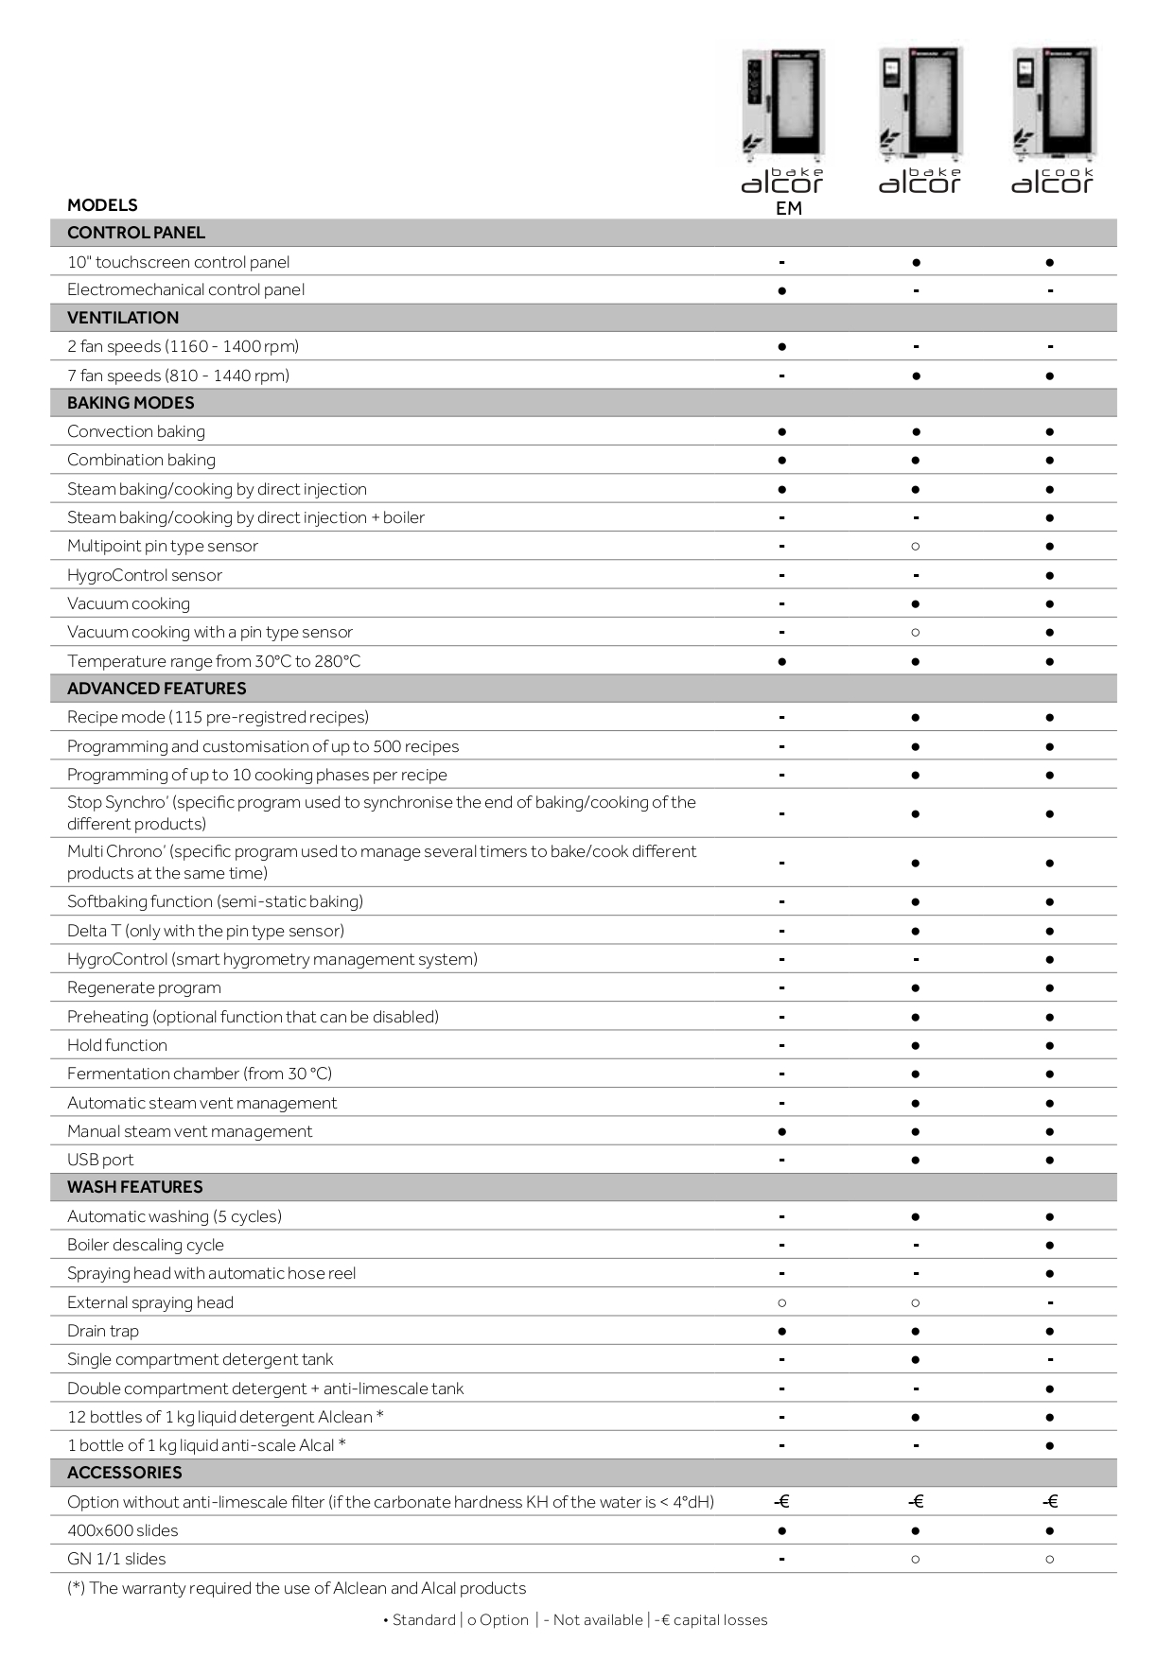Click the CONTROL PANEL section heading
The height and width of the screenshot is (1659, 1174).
coord(136,233)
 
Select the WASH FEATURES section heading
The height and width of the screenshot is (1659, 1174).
coord(135,1187)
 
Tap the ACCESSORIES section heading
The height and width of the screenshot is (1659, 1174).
coord(125,1473)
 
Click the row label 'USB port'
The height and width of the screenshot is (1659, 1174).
coord(100,1160)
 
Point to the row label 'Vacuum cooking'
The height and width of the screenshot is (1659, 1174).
coord(129,603)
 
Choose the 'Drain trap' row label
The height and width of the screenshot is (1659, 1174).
coord(103,1331)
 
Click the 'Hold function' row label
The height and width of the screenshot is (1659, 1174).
coord(117,1045)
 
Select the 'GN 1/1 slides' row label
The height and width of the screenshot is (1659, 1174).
coord(116,1559)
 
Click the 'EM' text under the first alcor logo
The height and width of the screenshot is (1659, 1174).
coord(788,209)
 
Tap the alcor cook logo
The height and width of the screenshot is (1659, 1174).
coord(1052,181)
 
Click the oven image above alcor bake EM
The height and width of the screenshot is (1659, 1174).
coord(782,104)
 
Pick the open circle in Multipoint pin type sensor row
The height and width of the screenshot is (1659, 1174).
coord(916,546)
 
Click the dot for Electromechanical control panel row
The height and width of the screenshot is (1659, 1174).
coord(781,290)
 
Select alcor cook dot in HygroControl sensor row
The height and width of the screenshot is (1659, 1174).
coord(1050,575)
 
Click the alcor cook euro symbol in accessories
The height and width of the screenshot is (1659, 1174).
coord(1050,1502)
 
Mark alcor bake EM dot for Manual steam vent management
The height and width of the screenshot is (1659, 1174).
coord(781,1131)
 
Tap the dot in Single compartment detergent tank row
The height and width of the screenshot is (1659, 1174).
coord(916,1359)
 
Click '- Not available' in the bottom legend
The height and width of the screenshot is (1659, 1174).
coord(593,1620)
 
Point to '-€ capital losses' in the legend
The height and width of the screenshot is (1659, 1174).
coord(710,1620)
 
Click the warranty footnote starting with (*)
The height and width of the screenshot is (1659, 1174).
coord(296,1588)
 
